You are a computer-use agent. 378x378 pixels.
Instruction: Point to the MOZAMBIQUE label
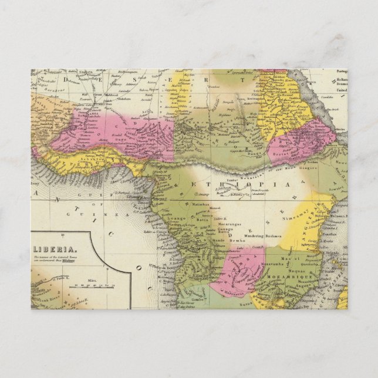pos(283,274)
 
